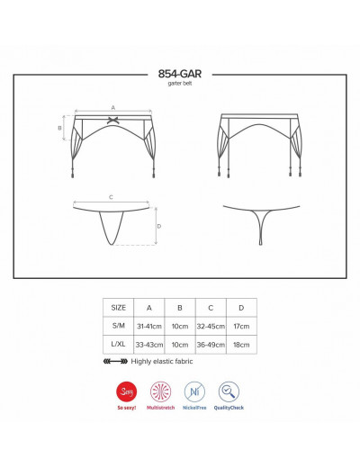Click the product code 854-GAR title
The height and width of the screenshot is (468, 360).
(x=180, y=74)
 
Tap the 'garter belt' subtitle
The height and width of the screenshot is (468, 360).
(x=180, y=84)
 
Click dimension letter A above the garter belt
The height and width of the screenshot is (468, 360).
(x=113, y=107)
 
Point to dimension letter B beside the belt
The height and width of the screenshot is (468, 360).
(x=59, y=128)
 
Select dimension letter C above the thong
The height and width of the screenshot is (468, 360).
(x=111, y=197)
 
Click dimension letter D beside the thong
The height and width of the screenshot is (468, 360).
(x=159, y=226)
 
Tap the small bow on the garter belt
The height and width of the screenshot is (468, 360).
(x=112, y=121)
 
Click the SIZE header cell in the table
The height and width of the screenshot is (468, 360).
(x=118, y=308)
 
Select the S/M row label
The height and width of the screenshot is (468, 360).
(x=118, y=326)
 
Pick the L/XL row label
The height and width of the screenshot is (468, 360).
(x=118, y=344)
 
